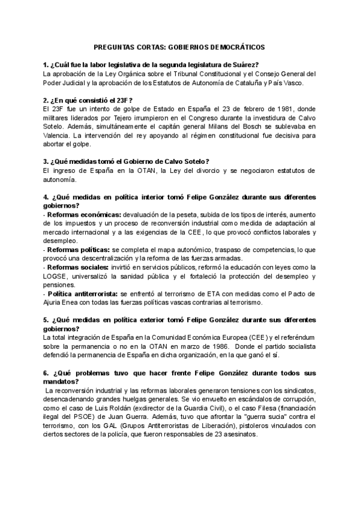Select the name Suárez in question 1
pyautogui.click(x=245, y=64)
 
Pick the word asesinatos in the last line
pyautogui.click(x=239, y=435)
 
